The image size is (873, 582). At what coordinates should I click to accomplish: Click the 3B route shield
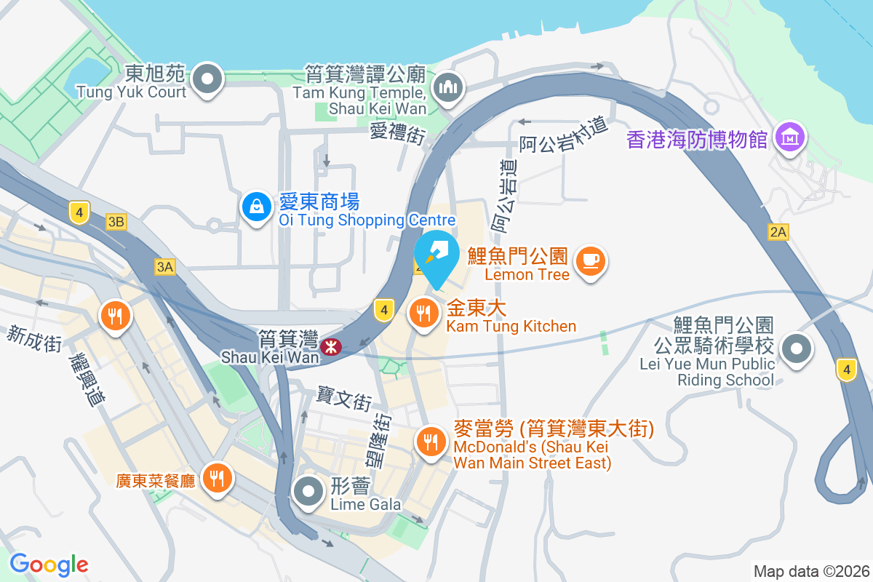pyautogui.click(x=116, y=222)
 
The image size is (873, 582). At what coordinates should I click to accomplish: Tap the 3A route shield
pyautogui.click(x=165, y=267)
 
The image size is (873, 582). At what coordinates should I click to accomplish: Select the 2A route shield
pyautogui.click(x=778, y=232)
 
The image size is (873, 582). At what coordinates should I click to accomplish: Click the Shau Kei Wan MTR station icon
pyautogui.click(x=331, y=347)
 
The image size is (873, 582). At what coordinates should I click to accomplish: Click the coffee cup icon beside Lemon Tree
pyautogui.click(x=589, y=260)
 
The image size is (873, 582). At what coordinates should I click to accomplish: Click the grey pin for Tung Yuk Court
pyautogui.click(x=209, y=78)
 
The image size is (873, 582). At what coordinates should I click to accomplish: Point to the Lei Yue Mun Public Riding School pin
pyautogui.click(x=797, y=349)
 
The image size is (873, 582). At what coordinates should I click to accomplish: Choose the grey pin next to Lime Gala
pyautogui.click(x=308, y=492)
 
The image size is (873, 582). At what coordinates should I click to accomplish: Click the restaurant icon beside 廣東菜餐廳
pyautogui.click(x=216, y=478)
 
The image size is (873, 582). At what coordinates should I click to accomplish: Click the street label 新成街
pyautogui.click(x=34, y=339)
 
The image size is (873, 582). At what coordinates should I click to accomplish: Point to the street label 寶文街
pyautogui.click(x=344, y=398)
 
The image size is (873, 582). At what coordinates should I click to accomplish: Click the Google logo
pyautogui.click(x=49, y=565)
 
